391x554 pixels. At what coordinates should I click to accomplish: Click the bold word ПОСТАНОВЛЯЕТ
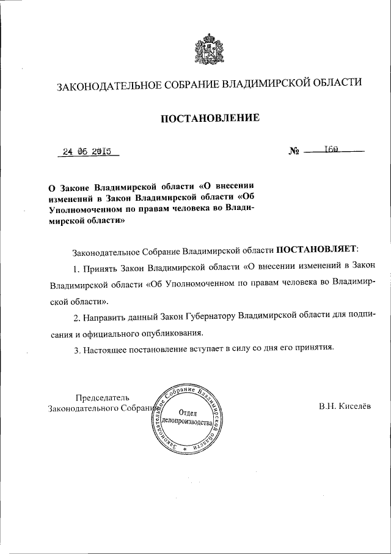pyautogui.click(x=319, y=250)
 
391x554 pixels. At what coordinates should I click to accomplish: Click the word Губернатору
pyautogui.click(x=211, y=318)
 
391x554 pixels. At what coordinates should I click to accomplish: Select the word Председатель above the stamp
pyautogui.click(x=98, y=397)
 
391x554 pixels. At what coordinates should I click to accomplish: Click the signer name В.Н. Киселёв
pyautogui.click(x=344, y=406)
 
